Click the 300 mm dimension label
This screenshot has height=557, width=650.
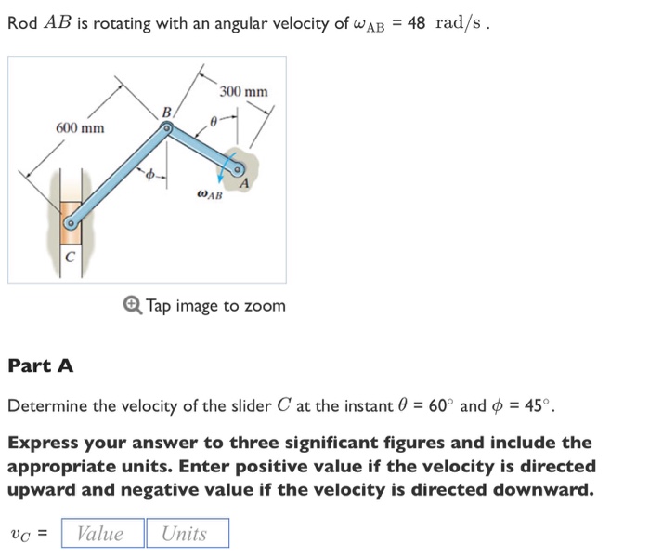[x=244, y=91]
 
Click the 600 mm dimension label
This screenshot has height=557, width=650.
[x=80, y=127]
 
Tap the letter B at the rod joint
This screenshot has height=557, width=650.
[x=166, y=113]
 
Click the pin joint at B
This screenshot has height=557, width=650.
[x=166, y=131]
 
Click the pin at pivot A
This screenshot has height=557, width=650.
[x=238, y=169]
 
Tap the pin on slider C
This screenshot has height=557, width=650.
[x=69, y=223]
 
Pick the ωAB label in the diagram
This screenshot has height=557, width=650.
[x=210, y=195]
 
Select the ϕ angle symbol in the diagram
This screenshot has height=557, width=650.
[x=145, y=173]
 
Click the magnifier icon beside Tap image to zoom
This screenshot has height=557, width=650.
[x=132, y=305]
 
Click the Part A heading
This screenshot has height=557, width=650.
[x=40, y=365]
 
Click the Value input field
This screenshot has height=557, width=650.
[x=102, y=533]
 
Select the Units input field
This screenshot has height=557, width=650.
[x=186, y=533]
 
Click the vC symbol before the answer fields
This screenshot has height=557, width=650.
[x=25, y=534]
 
